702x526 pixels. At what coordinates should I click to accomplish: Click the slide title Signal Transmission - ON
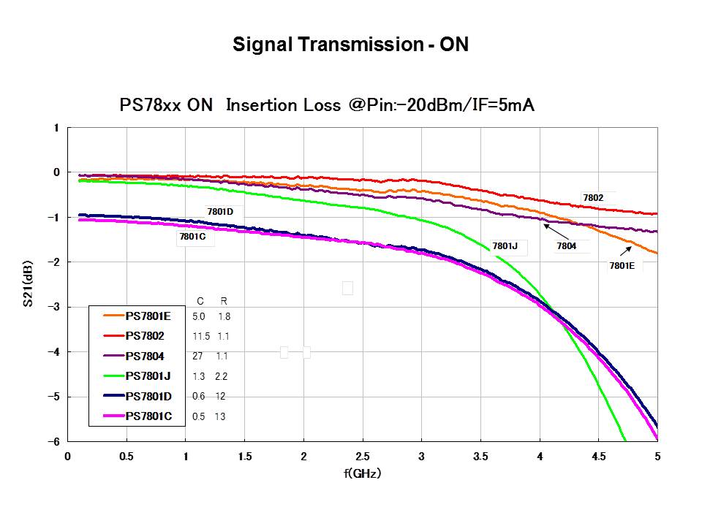[350, 45]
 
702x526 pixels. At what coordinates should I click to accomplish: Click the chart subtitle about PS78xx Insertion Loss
[327, 105]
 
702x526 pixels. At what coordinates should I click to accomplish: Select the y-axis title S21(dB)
[30, 285]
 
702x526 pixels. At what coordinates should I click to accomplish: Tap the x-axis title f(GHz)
[362, 473]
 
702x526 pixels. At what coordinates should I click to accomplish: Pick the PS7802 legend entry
[145, 336]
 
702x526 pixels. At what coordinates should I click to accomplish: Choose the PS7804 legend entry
[145, 356]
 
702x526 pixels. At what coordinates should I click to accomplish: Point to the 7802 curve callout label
[593, 198]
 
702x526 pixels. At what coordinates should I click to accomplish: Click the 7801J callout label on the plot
[505, 246]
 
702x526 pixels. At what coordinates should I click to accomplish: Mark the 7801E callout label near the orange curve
[622, 266]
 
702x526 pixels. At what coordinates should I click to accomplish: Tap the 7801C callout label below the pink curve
[192, 237]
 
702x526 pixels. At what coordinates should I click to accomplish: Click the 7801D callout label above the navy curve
[220, 212]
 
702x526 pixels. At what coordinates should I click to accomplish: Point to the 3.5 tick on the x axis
[480, 457]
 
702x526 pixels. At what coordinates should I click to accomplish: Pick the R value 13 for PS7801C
[220, 416]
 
